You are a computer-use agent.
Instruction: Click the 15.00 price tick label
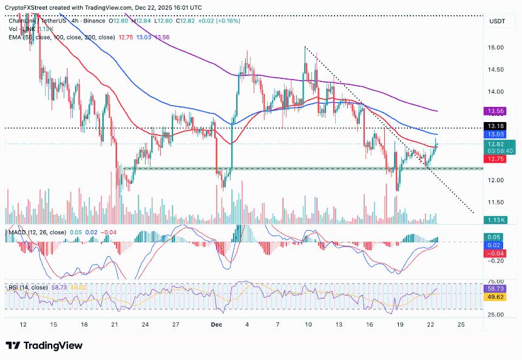(497, 47)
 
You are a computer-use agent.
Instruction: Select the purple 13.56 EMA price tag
(497, 111)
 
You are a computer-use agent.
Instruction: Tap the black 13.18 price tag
(497, 126)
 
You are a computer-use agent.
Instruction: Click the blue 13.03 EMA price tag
(497, 134)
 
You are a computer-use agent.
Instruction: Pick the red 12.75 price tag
(497, 159)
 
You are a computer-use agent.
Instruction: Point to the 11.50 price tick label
(497, 202)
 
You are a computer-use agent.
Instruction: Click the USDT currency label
(497, 21)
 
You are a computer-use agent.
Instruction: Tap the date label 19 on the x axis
(401, 324)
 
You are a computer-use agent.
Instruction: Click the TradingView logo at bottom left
(44, 345)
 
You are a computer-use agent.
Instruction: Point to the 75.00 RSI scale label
(497, 281)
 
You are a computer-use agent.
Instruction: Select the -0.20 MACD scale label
(497, 260)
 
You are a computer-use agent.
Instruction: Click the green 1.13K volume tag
(497, 220)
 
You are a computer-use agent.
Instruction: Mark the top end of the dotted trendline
(305, 47)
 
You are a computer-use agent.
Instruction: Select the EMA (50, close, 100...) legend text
(61, 37)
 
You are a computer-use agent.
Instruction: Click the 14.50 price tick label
(497, 69)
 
